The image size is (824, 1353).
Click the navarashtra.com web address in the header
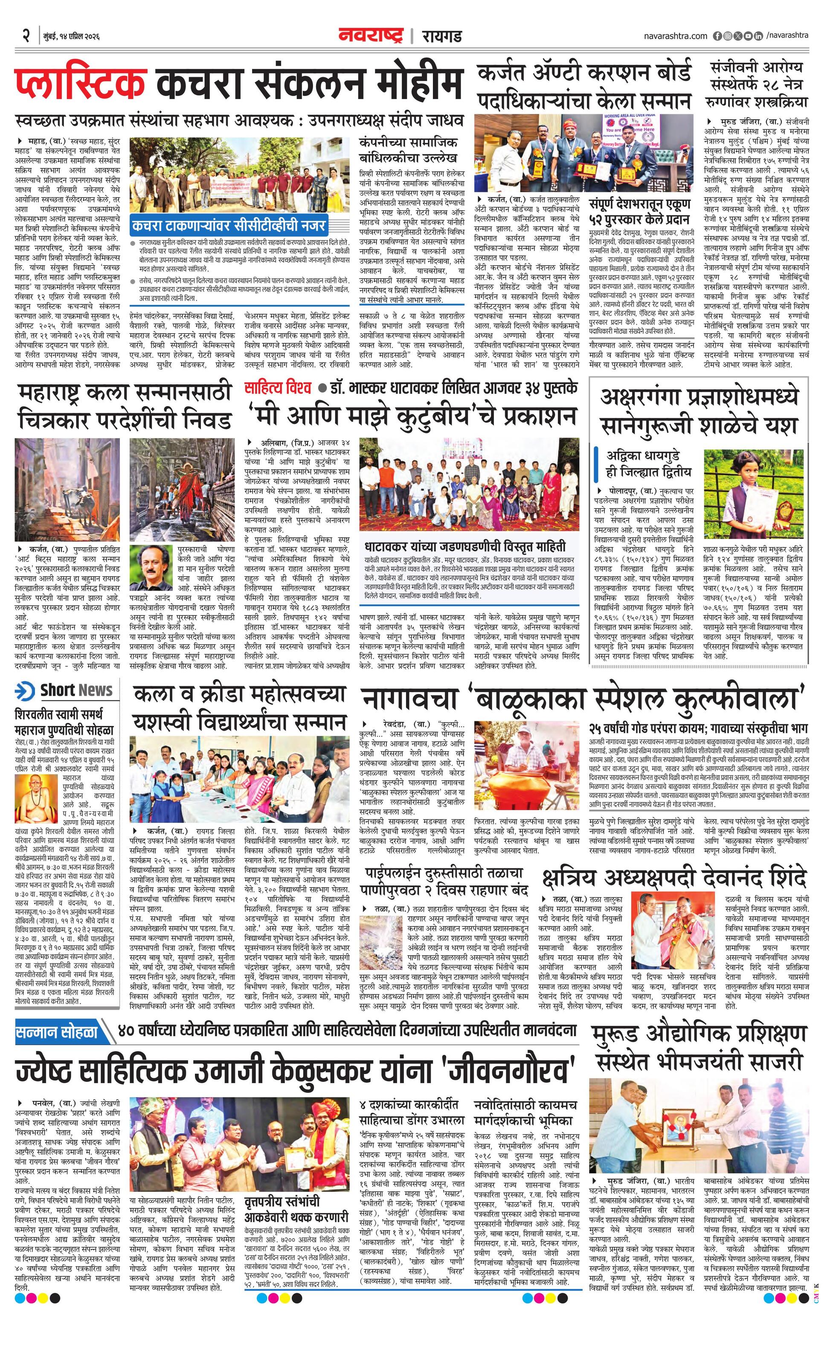click(x=675, y=36)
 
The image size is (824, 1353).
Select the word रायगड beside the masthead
click(x=442, y=37)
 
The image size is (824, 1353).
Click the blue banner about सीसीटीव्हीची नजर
click(x=229, y=225)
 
